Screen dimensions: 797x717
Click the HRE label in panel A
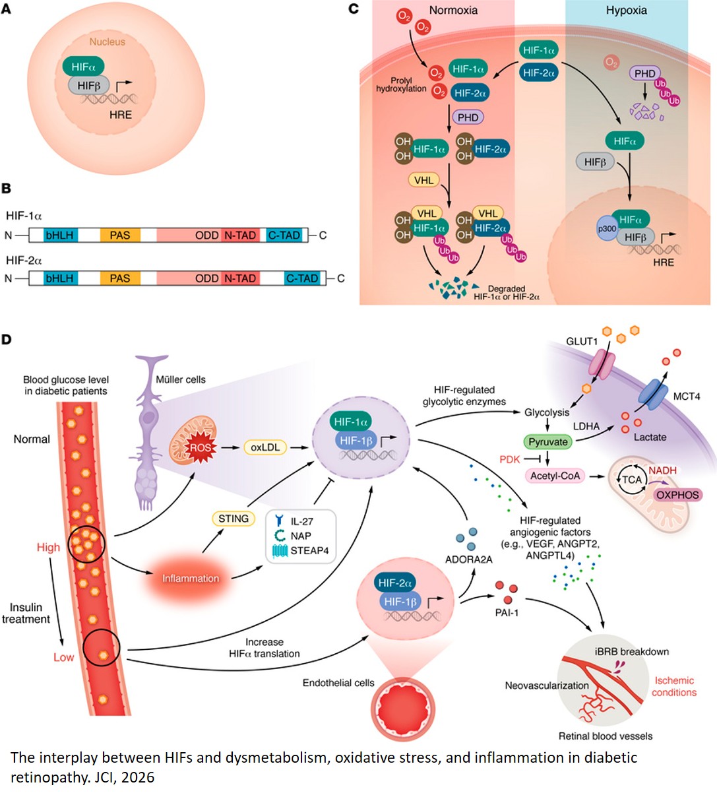click(x=120, y=115)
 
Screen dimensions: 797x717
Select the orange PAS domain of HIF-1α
click(x=120, y=236)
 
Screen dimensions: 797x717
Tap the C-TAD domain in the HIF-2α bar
click(x=302, y=278)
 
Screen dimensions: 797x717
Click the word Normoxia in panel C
click(x=453, y=11)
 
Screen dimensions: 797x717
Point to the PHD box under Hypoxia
click(x=644, y=73)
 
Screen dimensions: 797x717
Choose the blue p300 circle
click(x=607, y=229)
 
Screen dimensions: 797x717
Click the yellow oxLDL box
click(x=265, y=447)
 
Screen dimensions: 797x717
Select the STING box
click(x=234, y=519)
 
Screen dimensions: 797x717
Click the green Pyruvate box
click(x=548, y=442)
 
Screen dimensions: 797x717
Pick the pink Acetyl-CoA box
click(x=555, y=476)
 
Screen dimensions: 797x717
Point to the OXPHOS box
click(x=677, y=495)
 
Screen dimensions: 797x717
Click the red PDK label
click(x=509, y=459)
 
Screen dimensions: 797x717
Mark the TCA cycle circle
click(x=631, y=480)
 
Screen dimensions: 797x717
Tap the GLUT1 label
click(x=582, y=341)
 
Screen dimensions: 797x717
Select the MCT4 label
click(x=686, y=397)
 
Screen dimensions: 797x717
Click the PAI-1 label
click(x=507, y=613)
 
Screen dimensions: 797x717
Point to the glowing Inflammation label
click(x=191, y=579)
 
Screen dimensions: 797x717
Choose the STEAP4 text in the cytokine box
click(x=309, y=550)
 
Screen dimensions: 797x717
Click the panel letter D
click(x=7, y=340)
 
